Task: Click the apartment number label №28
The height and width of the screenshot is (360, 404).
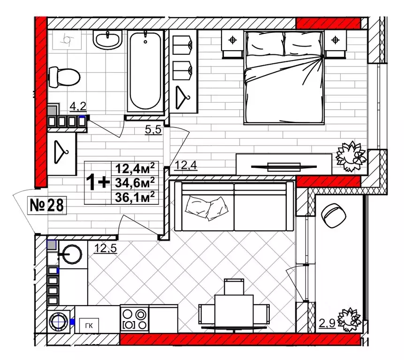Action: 47,205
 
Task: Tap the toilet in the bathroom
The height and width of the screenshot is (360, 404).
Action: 64,77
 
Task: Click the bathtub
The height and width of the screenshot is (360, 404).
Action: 145,71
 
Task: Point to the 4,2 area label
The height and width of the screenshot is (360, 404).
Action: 78,106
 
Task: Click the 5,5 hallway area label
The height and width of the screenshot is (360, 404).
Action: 153,129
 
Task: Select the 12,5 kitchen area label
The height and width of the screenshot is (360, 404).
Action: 106,248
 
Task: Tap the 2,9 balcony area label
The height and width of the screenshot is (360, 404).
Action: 327,323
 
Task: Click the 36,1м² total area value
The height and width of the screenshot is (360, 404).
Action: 135,198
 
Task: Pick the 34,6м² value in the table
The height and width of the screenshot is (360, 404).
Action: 135,183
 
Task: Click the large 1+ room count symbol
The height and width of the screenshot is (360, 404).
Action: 98,182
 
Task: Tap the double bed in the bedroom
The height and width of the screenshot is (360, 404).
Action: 284,77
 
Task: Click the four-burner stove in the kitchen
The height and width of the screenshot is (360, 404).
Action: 135,319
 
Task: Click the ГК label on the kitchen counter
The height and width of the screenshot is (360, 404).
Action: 89,326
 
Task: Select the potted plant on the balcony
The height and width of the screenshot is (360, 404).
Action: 350,320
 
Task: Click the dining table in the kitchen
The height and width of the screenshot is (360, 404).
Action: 234,311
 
